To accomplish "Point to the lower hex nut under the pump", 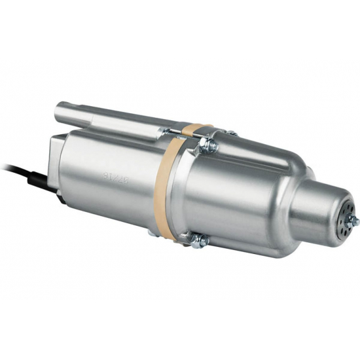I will click(199, 241).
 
